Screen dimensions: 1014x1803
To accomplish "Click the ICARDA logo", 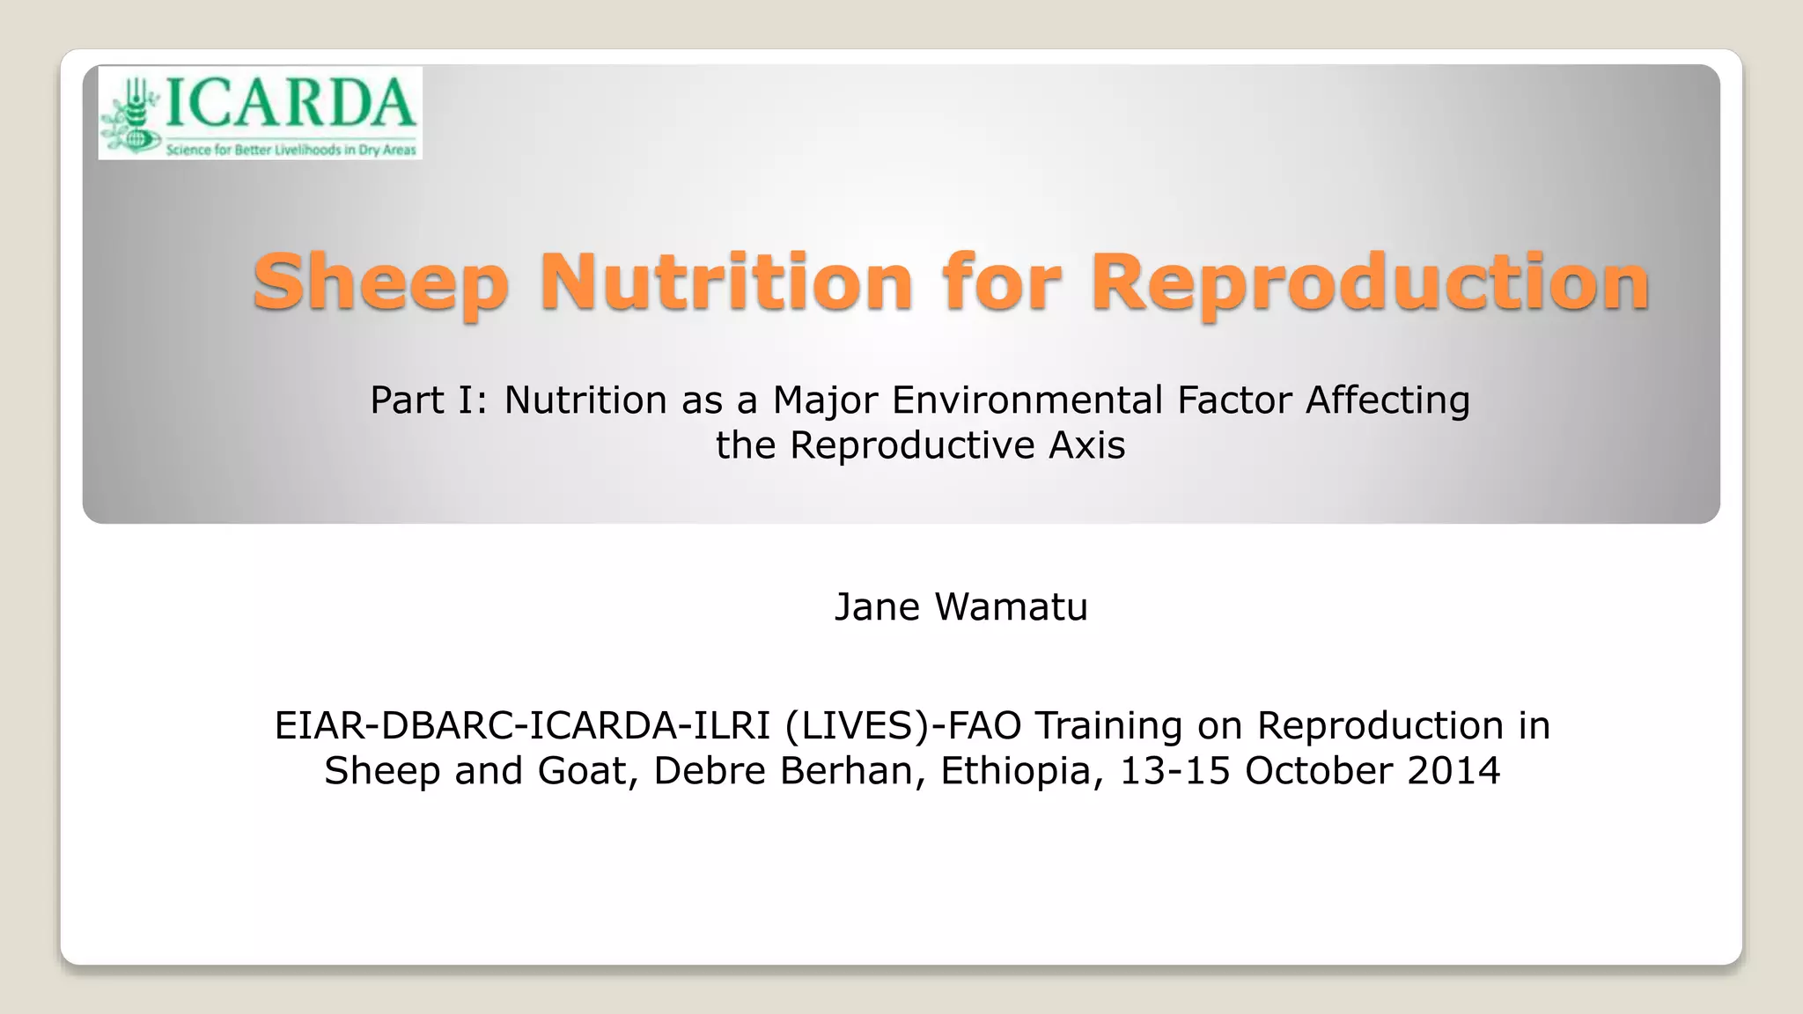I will tap(260, 113).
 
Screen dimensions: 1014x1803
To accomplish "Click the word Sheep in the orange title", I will tap(380, 283).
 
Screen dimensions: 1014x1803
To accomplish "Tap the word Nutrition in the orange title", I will tap(726, 283).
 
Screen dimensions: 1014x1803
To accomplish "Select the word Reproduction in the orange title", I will tap(1369, 283).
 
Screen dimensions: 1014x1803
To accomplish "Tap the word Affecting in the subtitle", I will tap(1387, 400).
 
